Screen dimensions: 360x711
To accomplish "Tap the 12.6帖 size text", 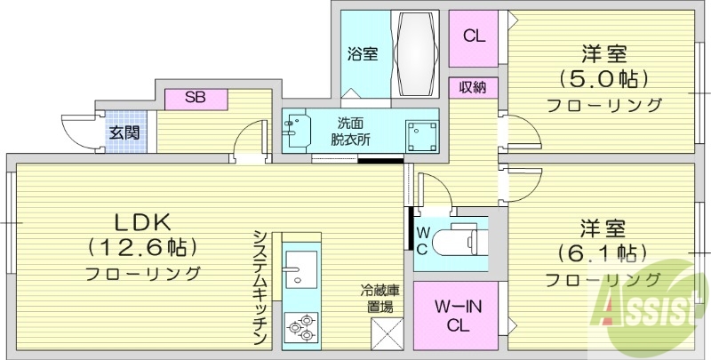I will click(142, 246).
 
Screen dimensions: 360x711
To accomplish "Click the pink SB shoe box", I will click(196, 98).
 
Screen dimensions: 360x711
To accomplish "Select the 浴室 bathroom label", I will click(363, 53).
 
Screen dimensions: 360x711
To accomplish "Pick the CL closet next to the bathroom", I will click(474, 36).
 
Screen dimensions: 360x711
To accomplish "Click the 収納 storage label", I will click(473, 87).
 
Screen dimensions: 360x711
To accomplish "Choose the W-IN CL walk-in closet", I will click(457, 315).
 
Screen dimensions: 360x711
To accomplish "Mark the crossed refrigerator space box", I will click(387, 339).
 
